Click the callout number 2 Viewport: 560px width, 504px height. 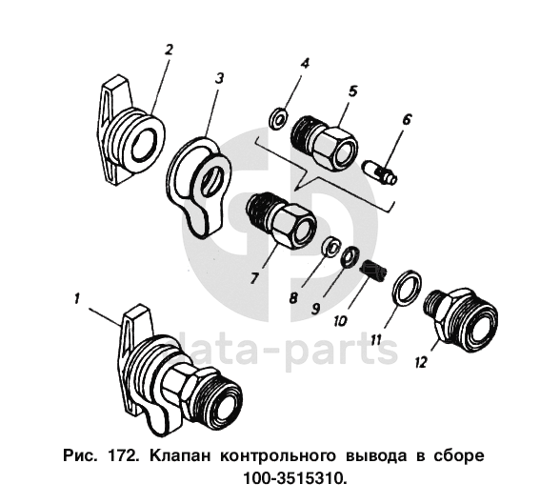pyautogui.click(x=169, y=50)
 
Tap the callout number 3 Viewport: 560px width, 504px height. pyautogui.click(x=220, y=78)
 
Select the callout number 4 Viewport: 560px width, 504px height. pyautogui.click(x=305, y=63)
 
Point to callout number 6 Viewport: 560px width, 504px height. pyautogui.click(x=407, y=119)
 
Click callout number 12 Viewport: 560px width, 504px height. pyautogui.click(x=421, y=363)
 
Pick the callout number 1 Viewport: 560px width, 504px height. pyautogui.click(x=77, y=298)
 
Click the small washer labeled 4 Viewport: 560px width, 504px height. pyautogui.click(x=278, y=118)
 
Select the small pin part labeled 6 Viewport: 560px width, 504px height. pyautogui.click(x=380, y=172)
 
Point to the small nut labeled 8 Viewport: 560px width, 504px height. pyautogui.click(x=330, y=248)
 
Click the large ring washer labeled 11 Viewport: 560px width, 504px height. pyautogui.click(x=407, y=289)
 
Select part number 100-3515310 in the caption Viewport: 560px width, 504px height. pyautogui.click(x=295, y=478)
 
